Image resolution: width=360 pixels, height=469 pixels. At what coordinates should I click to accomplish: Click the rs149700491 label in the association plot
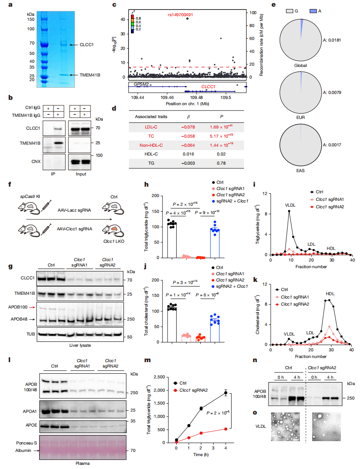[x=180, y=15]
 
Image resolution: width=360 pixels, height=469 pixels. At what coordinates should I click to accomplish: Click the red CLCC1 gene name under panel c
[x=208, y=87]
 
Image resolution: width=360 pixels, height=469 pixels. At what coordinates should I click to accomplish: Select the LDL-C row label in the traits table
[x=151, y=127]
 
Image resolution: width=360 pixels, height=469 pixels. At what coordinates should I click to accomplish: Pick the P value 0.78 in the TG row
[x=221, y=163]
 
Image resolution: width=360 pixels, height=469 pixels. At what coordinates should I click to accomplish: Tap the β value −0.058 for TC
[x=188, y=136]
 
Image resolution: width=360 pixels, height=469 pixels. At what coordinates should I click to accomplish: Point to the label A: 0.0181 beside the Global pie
[x=332, y=40]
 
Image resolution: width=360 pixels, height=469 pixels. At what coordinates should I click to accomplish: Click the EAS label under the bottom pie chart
[x=301, y=170]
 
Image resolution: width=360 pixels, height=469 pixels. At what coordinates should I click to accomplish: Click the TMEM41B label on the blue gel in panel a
[x=90, y=75]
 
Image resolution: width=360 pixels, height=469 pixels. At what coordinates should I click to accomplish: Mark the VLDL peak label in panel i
[x=290, y=205]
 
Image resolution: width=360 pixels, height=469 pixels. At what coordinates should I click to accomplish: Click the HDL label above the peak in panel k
[x=330, y=294]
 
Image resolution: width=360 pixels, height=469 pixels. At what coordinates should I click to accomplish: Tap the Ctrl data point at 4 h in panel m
[x=226, y=393]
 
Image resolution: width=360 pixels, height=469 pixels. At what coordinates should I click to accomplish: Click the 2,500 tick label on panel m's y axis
[x=159, y=377]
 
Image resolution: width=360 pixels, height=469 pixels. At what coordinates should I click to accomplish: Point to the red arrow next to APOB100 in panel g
[x=32, y=307]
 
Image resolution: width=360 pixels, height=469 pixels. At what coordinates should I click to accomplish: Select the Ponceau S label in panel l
[x=26, y=443]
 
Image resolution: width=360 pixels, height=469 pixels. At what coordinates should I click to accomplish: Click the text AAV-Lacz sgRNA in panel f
[x=74, y=210]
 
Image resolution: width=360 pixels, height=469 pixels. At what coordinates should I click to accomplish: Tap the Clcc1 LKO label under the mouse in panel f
[x=113, y=242]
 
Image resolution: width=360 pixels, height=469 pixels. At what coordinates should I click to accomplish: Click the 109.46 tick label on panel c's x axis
[x=167, y=98]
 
